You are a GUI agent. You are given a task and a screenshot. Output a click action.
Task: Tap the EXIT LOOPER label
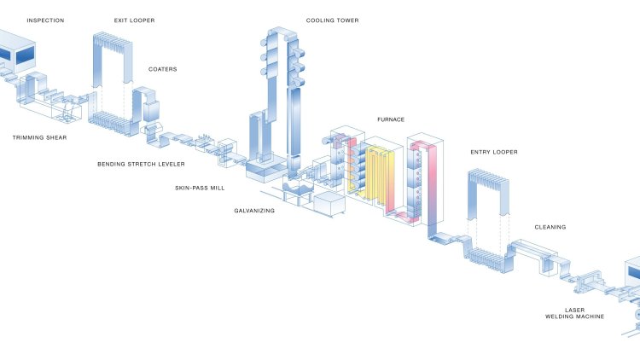click(134, 20)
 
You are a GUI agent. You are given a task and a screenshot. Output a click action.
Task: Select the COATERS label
click(163, 69)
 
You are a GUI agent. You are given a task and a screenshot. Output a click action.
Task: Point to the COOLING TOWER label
click(332, 20)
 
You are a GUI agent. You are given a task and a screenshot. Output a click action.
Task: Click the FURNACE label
click(390, 119)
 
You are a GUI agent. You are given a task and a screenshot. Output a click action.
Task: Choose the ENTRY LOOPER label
click(494, 153)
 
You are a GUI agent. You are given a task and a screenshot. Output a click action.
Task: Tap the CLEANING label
click(550, 227)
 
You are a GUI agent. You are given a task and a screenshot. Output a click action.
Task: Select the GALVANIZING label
click(254, 210)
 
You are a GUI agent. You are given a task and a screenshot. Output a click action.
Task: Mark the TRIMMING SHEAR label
click(39, 136)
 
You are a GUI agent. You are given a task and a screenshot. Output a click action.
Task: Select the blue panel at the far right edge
click(633, 273)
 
